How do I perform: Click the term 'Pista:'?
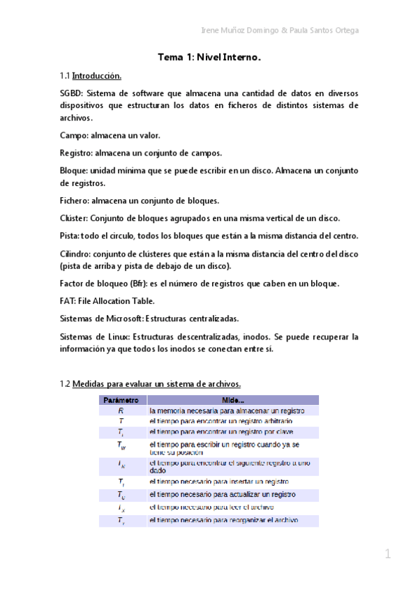point(70,236)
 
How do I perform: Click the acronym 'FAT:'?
point(69,301)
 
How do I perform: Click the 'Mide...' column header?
point(232,401)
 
